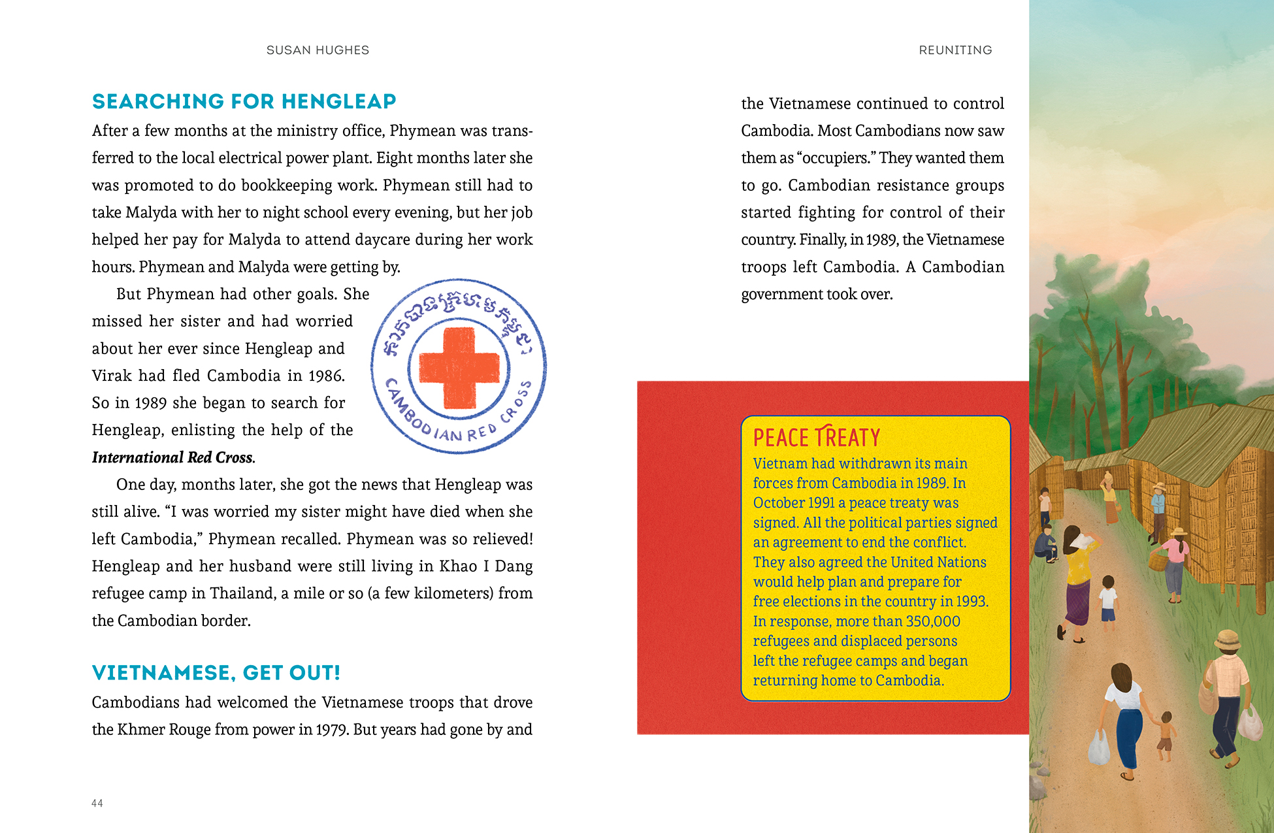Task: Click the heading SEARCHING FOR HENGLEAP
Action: tap(244, 102)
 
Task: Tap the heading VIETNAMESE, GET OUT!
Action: tap(216, 673)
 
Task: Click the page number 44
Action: tap(97, 804)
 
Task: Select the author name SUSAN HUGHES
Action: tap(318, 50)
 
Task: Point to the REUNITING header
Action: tap(955, 50)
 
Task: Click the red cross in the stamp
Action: tap(459, 367)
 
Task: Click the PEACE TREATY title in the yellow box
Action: tap(816, 438)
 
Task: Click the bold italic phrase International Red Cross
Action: tap(172, 457)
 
